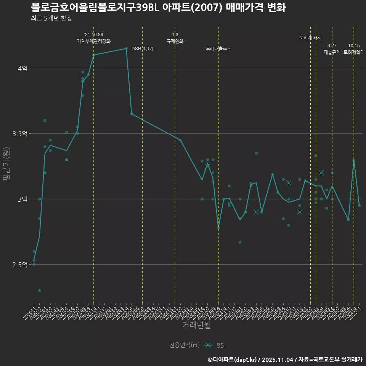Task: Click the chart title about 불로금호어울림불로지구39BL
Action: (158, 8)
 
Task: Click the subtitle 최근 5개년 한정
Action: (51, 18)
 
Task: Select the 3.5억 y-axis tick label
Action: (20, 134)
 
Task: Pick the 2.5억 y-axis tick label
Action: (20, 265)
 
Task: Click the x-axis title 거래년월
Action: (196, 325)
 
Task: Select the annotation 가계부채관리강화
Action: (94, 41)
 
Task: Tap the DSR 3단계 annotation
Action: (143, 49)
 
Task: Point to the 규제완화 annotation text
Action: (175, 41)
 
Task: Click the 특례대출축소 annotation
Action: (218, 49)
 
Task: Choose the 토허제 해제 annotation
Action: (310, 38)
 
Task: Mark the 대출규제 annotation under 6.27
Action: (332, 52)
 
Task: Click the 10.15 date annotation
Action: (354, 46)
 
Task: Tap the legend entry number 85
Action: (220, 345)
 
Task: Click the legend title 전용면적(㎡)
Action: (185, 345)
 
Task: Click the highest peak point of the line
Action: (126, 48)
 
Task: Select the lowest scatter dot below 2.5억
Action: (39, 291)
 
